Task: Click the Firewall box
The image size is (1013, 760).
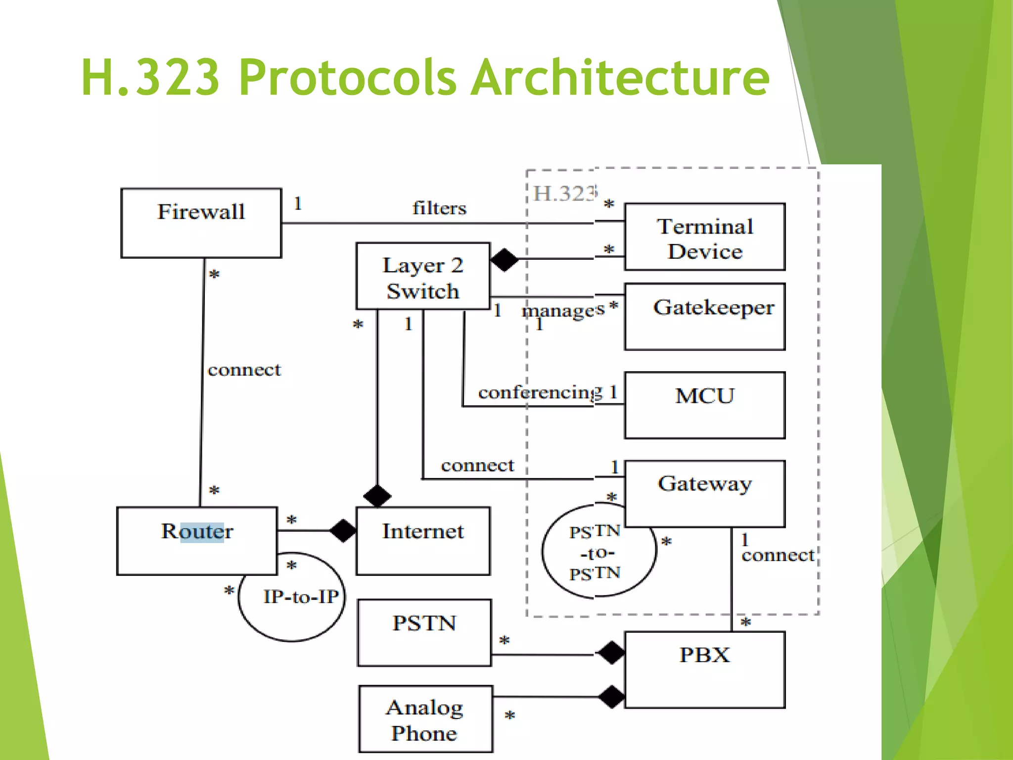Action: click(201, 223)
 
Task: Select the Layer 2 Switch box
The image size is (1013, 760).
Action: click(423, 277)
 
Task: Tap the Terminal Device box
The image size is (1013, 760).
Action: click(705, 237)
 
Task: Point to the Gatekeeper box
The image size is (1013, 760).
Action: click(705, 317)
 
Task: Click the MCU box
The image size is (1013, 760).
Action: click(705, 405)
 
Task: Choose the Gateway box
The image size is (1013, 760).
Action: click(705, 493)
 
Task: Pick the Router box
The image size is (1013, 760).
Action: click(197, 540)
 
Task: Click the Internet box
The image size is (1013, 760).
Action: click(423, 540)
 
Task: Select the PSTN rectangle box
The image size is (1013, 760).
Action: click(424, 632)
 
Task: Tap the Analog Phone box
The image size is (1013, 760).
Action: click(425, 719)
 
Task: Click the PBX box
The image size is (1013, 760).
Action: click(705, 669)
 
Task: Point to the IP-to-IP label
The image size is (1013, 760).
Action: click(301, 597)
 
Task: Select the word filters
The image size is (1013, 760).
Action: click(439, 208)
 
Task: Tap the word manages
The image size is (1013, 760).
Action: click(563, 311)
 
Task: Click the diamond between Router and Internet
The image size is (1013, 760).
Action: click(343, 531)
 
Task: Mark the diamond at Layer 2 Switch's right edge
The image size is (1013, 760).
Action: click(504, 260)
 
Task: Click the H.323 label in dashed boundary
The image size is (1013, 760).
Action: click(566, 193)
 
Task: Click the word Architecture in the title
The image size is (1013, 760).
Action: click(620, 78)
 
